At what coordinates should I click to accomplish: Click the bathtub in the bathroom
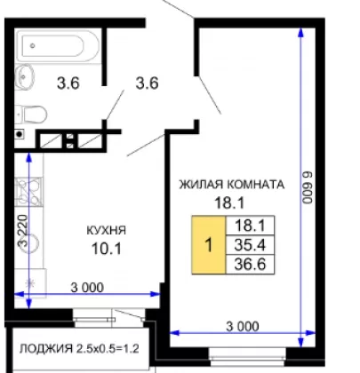pos(58,46)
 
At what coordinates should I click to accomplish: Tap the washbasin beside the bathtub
pos(24,76)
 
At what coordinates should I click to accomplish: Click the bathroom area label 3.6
pos(68,83)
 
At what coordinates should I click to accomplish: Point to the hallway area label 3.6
pos(147,83)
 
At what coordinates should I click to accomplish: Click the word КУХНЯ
pos(106,230)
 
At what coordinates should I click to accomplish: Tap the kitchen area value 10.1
pos(107,249)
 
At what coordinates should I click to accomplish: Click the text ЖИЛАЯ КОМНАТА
pos(232,185)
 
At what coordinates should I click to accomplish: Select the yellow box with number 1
pos(209,245)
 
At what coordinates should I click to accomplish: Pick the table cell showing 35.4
pos(250,245)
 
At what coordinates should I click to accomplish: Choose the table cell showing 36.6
pos(250,264)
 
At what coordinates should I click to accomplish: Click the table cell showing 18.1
pos(250,226)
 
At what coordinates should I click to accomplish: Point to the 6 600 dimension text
pos(308,187)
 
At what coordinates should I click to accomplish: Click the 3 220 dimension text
pos(22,231)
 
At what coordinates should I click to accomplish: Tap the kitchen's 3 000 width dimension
pos(87,288)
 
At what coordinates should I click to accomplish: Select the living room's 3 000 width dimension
pos(243,327)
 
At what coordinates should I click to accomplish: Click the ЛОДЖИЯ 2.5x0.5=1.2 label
pos(79,349)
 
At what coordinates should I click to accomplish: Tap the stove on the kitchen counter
pos(29,192)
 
